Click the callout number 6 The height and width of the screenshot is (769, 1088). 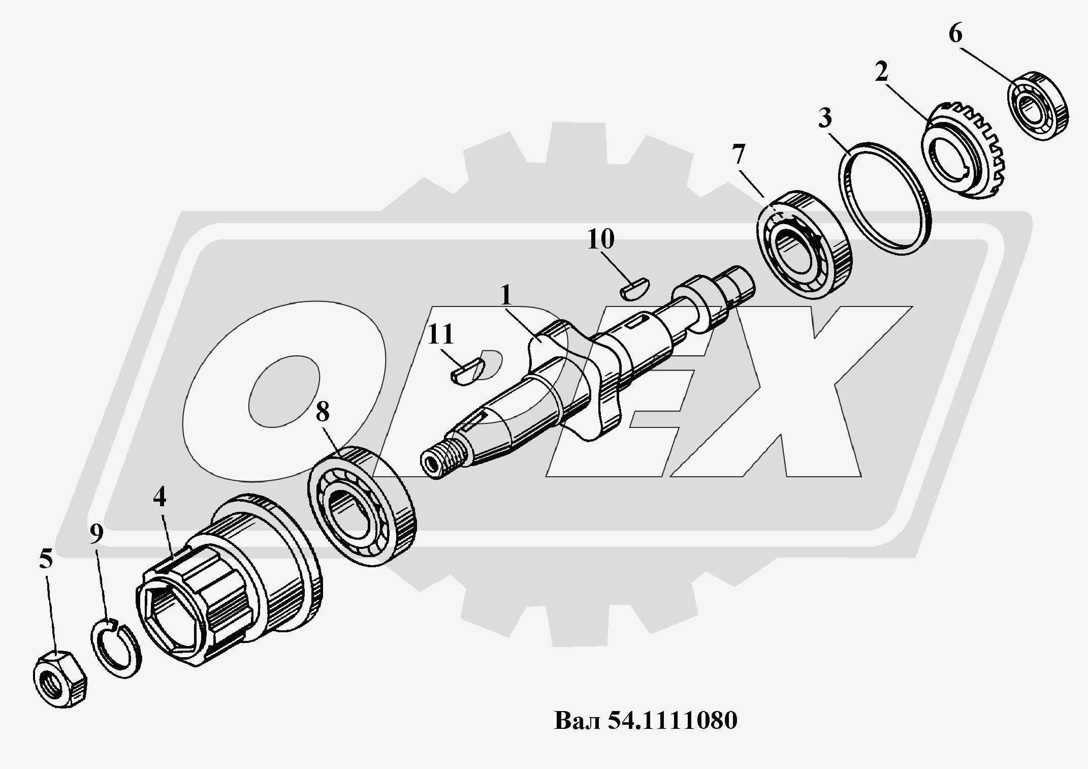(x=955, y=35)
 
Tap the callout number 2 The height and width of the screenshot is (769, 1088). (x=881, y=73)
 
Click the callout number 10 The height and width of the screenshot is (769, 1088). (x=601, y=239)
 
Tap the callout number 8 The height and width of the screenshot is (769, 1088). (x=323, y=412)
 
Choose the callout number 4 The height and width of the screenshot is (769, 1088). (x=159, y=497)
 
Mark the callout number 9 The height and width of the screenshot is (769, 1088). (x=97, y=533)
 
